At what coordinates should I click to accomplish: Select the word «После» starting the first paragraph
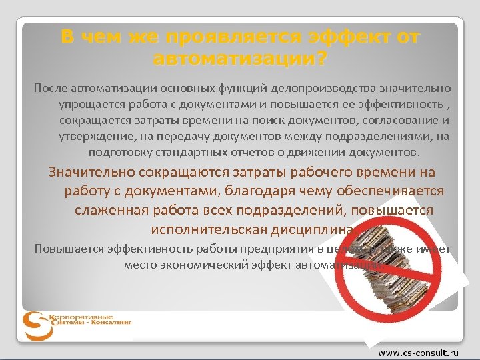pyautogui.click(x=49, y=88)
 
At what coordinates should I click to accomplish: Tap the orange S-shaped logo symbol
pyautogui.click(x=34, y=326)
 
